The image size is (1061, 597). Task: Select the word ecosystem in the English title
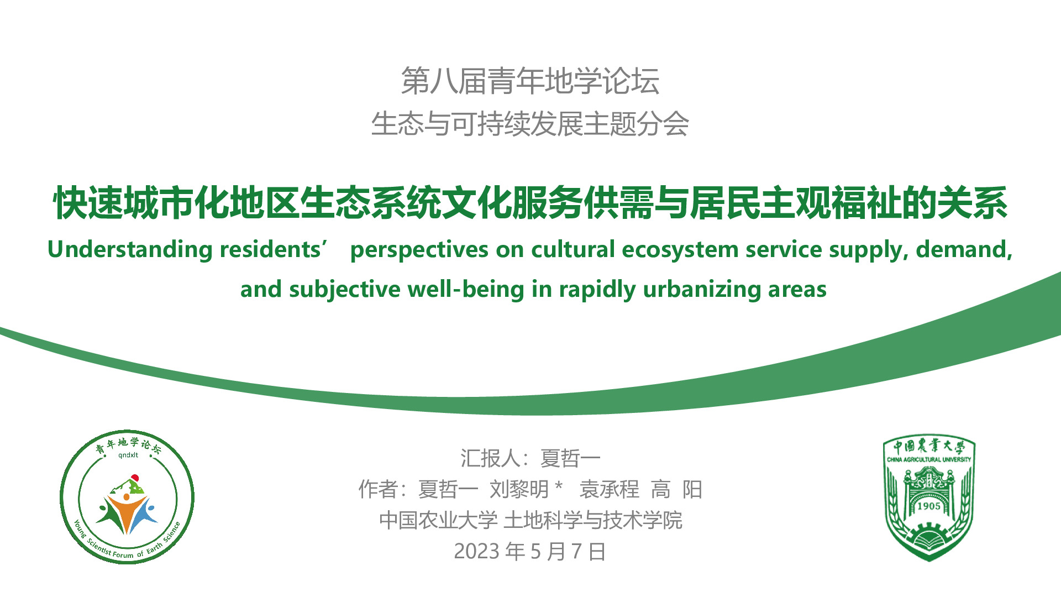click(x=680, y=250)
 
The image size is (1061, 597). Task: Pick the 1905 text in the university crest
click(x=928, y=506)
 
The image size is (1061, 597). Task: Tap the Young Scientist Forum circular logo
click(x=127, y=497)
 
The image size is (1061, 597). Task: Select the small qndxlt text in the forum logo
click(x=128, y=455)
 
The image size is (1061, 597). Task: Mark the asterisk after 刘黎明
click(x=559, y=486)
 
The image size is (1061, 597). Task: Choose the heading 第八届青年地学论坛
click(x=530, y=81)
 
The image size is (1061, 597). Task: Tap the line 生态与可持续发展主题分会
click(x=530, y=123)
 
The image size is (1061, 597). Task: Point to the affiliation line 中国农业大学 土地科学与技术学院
click(x=530, y=521)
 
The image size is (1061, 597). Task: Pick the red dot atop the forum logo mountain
click(x=134, y=477)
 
